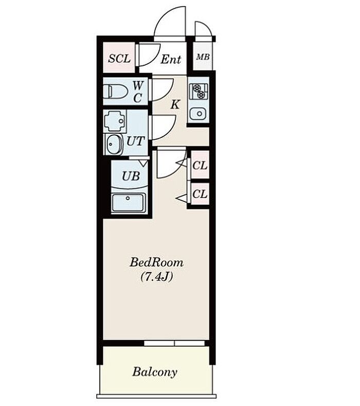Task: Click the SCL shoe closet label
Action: point(119,59)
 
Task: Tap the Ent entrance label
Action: point(171,59)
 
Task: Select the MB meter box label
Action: point(203,57)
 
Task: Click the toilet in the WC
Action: point(115,92)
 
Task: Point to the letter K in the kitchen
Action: point(175,104)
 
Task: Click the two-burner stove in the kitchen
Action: point(199,92)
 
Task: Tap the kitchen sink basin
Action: point(198,114)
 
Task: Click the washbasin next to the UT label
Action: point(114,144)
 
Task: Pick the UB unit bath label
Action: point(131,176)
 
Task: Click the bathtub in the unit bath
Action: point(129,202)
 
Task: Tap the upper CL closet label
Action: point(200,166)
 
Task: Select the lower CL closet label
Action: point(200,193)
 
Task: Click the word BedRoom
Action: point(156,262)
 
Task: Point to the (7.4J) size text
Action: point(156,277)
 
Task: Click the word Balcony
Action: point(155,372)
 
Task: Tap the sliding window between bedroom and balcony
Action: point(174,343)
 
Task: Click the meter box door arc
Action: point(207,26)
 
